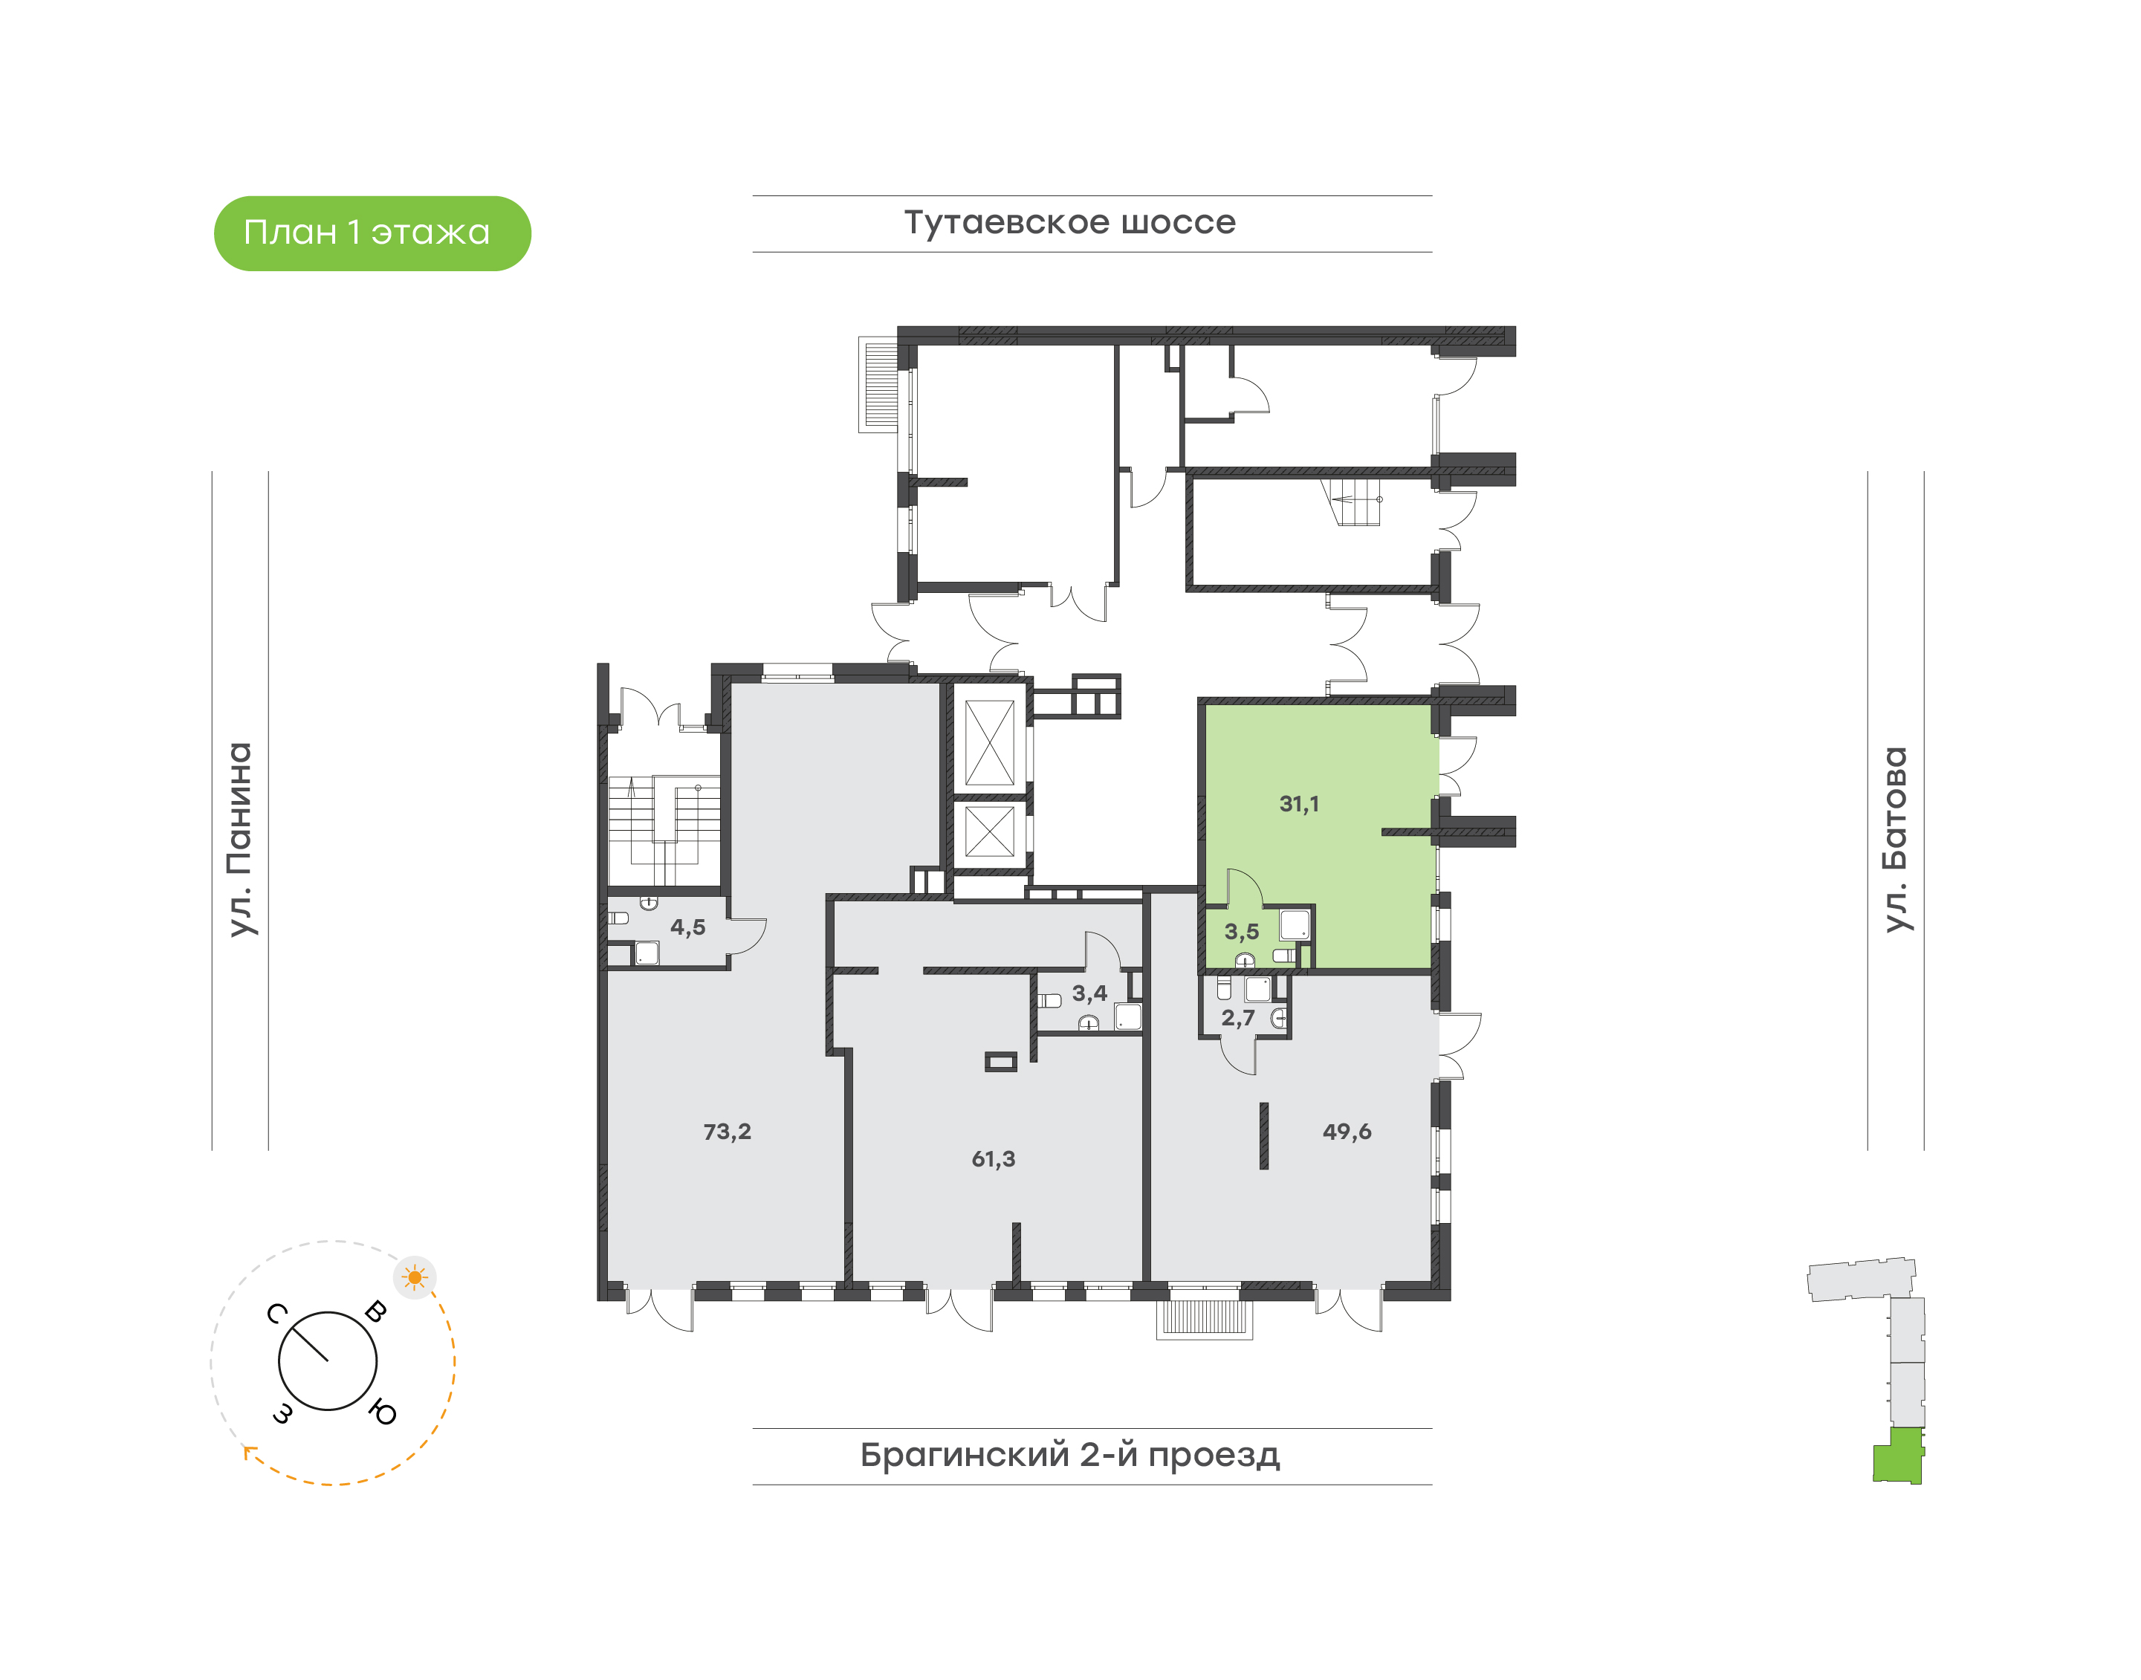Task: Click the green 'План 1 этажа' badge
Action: [x=372, y=233]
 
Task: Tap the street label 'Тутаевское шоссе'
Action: [x=1069, y=222]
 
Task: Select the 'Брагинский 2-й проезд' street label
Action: [x=1069, y=1455]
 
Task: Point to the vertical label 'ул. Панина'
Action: [x=240, y=839]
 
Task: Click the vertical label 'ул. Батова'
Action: [x=1895, y=839]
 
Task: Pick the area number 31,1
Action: [x=1299, y=804]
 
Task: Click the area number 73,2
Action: [x=727, y=1131]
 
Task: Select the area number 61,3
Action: [x=993, y=1158]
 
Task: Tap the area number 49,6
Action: [x=1346, y=1131]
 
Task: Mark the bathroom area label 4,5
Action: [x=687, y=927]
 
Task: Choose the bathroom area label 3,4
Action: [x=1089, y=993]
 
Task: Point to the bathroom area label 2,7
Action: [x=1238, y=1018]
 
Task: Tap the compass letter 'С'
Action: [x=276, y=1314]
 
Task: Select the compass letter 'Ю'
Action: [x=383, y=1413]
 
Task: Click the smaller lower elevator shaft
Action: [x=989, y=831]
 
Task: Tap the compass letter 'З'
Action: [x=282, y=1413]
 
